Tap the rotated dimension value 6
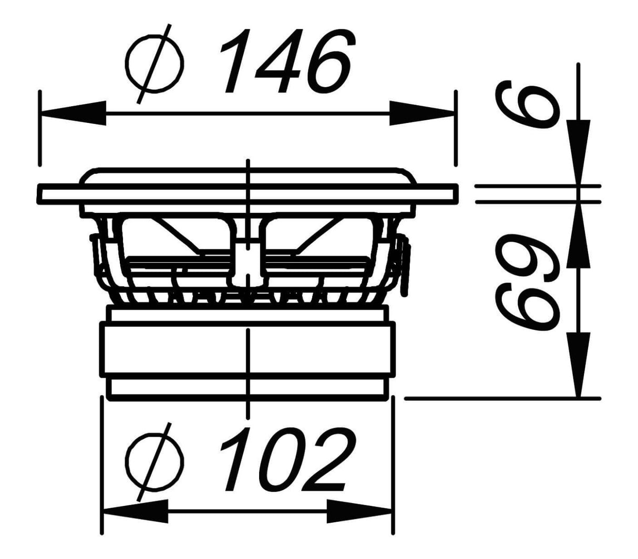click(526, 105)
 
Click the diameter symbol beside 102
click(155, 462)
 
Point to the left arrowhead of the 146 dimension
click(73, 113)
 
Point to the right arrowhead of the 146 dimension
click(423, 113)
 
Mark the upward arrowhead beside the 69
click(578, 235)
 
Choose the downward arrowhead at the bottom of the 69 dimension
click(578, 365)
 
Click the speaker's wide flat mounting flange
click(248, 194)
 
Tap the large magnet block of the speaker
click(248, 349)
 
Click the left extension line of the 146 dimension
click(40, 128)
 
